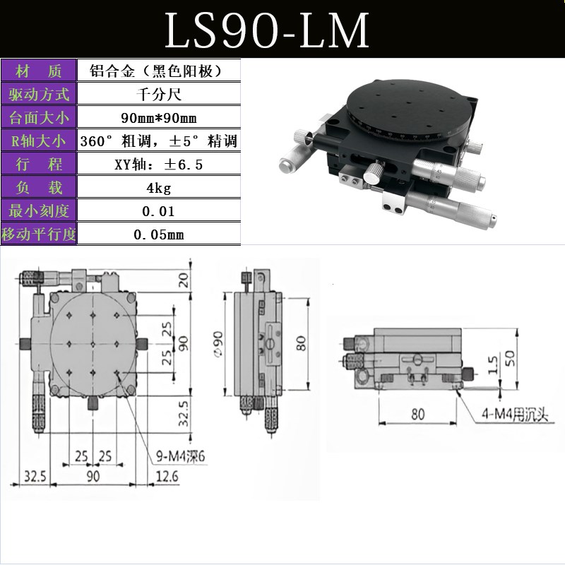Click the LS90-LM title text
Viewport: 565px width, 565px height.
[x=267, y=30]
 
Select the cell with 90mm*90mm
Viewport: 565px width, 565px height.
[x=157, y=118]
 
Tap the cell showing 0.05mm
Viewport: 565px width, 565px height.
[x=157, y=234]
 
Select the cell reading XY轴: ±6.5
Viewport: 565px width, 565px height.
[x=157, y=165]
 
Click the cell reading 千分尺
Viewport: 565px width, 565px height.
[x=157, y=95]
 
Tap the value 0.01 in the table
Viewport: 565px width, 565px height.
[x=157, y=211]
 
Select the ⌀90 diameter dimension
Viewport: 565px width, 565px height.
[x=218, y=344]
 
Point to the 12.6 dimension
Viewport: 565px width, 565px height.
[x=167, y=477]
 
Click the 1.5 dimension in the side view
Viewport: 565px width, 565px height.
[x=492, y=364]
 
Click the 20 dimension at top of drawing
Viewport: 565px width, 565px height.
[x=184, y=280]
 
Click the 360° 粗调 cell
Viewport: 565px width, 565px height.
[x=157, y=141]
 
